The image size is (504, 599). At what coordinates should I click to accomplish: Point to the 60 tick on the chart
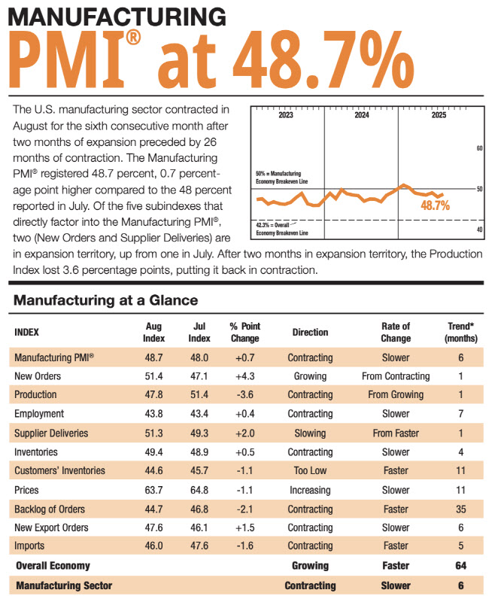(479, 148)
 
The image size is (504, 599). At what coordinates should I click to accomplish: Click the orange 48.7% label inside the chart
(435, 205)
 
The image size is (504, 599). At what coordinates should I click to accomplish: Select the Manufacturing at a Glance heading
(105, 300)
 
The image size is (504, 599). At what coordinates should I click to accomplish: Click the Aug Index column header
(153, 331)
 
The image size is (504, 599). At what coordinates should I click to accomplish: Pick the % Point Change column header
(244, 331)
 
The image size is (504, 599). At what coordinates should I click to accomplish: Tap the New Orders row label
(40, 375)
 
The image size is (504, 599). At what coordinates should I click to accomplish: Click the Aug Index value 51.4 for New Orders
(153, 375)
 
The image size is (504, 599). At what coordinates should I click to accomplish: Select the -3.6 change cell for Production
(244, 394)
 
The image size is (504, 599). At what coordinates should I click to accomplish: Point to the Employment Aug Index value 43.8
(153, 413)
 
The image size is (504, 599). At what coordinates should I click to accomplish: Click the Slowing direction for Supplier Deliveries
(310, 433)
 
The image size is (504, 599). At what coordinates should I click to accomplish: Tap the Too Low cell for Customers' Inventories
(310, 470)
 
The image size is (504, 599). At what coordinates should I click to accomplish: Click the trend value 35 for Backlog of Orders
(460, 509)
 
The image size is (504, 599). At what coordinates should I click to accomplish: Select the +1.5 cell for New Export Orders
(244, 528)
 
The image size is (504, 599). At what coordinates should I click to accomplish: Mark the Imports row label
(31, 546)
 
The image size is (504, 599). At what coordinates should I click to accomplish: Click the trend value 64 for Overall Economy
(460, 565)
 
